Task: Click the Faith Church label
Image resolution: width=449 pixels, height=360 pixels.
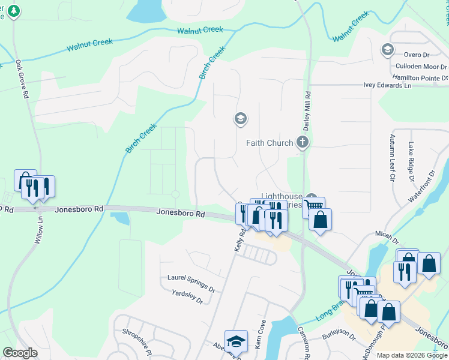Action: coord(270,143)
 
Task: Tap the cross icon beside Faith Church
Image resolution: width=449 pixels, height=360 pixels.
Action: coord(303,143)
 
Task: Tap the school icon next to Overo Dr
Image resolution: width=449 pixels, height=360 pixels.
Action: coord(387,49)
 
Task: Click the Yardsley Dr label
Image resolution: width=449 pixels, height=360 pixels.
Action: coord(187,295)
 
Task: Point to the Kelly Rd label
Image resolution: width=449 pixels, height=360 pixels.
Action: coord(241,239)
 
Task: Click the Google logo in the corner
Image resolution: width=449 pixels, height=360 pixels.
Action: coord(19,353)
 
